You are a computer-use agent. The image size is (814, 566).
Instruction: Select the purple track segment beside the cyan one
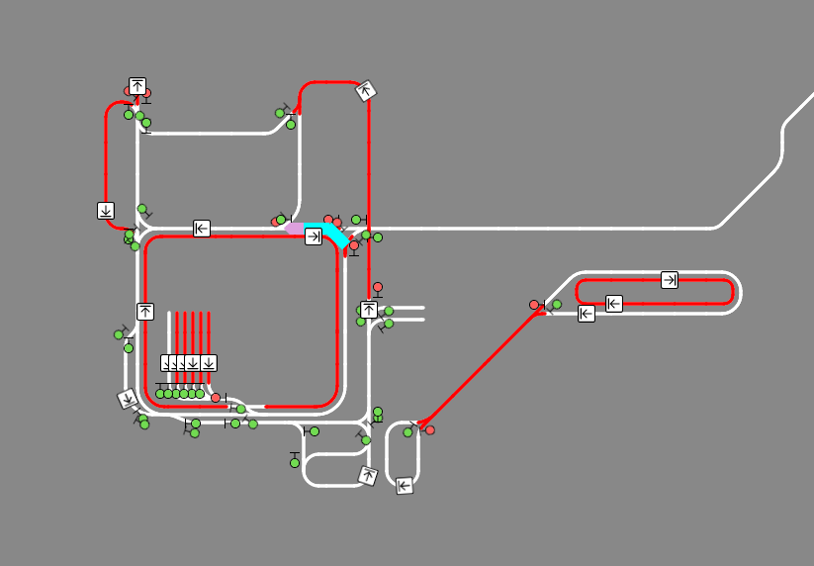pyautogui.click(x=295, y=229)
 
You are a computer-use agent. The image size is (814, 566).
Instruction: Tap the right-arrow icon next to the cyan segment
pyautogui.click(x=313, y=236)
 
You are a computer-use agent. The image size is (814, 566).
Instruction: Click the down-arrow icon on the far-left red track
pyautogui.click(x=106, y=210)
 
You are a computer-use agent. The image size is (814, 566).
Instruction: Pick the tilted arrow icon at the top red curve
pyautogui.click(x=366, y=91)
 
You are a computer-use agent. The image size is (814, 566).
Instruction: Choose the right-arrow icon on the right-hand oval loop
pyautogui.click(x=670, y=280)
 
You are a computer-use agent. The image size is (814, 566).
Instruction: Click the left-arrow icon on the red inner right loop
pyautogui.click(x=614, y=303)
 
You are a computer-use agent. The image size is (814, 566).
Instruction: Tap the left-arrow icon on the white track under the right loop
pyautogui.click(x=587, y=314)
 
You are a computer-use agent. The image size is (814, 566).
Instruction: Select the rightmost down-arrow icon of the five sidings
pyautogui.click(x=209, y=363)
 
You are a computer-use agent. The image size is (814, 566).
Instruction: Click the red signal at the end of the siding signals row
pyautogui.click(x=216, y=398)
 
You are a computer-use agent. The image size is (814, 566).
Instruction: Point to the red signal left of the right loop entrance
pyautogui.click(x=534, y=305)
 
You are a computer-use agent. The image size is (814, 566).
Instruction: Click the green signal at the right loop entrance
pyautogui.click(x=557, y=305)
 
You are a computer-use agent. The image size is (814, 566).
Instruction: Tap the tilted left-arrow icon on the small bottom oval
pyautogui.click(x=404, y=486)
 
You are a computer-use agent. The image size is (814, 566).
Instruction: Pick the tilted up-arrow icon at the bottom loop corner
pyautogui.click(x=368, y=476)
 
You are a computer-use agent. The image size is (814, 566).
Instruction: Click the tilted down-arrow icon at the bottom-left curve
pyautogui.click(x=128, y=399)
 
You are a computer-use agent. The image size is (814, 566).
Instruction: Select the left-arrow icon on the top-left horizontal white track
pyautogui.click(x=202, y=229)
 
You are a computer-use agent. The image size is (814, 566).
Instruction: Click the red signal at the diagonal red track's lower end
pyautogui.click(x=430, y=430)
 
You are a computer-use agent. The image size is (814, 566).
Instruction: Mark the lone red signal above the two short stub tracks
pyautogui.click(x=377, y=287)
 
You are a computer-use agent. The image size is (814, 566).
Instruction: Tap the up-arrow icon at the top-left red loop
pyautogui.click(x=137, y=86)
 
